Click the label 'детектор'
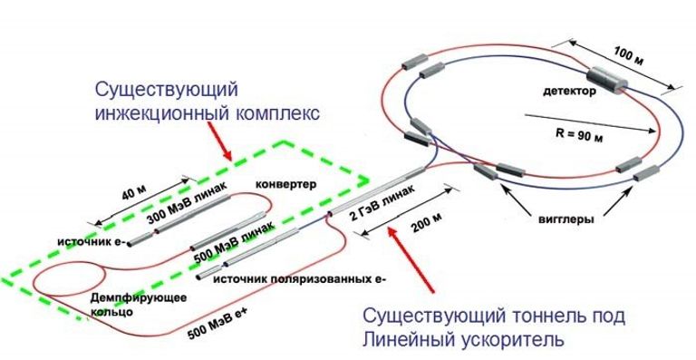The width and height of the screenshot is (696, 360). (x=569, y=92)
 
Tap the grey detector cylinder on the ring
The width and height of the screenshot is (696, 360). (x=608, y=81)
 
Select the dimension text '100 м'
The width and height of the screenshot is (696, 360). (x=628, y=56)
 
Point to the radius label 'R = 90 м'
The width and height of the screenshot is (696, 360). (x=579, y=134)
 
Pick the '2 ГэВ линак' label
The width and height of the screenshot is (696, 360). (x=383, y=202)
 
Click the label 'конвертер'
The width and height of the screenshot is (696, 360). (x=286, y=184)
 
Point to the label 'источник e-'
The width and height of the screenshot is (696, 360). (x=92, y=242)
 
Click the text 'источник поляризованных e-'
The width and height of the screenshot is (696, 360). (x=300, y=279)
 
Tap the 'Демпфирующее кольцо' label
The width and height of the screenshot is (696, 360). (x=138, y=305)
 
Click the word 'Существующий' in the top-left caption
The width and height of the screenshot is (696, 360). (x=167, y=90)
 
